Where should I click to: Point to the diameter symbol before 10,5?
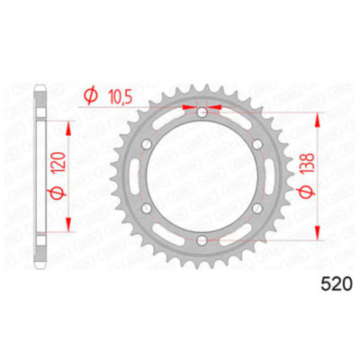90,94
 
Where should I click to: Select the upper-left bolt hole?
146,144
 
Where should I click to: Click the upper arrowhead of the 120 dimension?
67,121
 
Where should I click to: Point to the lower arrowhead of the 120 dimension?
67,230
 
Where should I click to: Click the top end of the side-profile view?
40,90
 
